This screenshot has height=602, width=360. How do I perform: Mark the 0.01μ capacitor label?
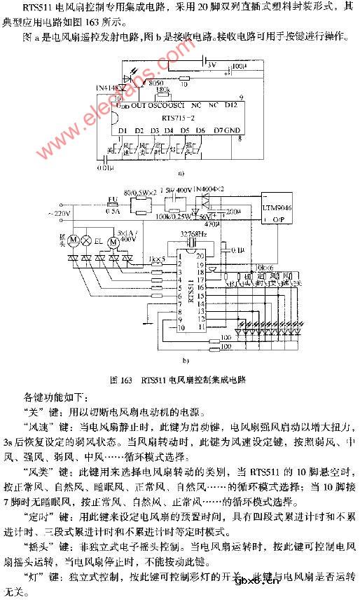(104, 169)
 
